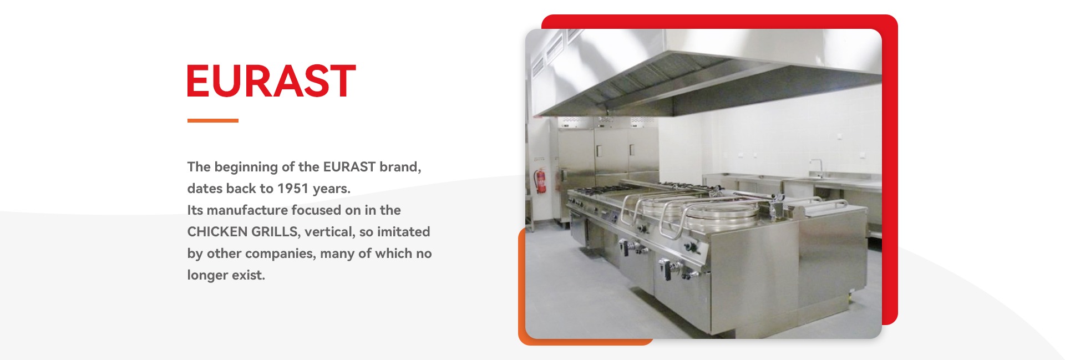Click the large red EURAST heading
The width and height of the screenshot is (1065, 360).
click(271, 81)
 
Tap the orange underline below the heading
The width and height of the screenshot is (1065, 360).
click(213, 120)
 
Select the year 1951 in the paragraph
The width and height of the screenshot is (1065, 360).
click(293, 189)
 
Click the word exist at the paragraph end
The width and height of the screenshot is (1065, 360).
click(248, 275)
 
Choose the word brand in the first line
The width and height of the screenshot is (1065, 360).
click(400, 167)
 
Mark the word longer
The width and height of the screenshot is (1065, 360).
click(207, 275)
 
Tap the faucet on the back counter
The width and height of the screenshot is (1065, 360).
click(815, 168)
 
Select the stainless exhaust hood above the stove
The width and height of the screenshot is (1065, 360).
click(704, 72)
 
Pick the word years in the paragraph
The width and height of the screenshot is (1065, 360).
click(331, 189)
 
